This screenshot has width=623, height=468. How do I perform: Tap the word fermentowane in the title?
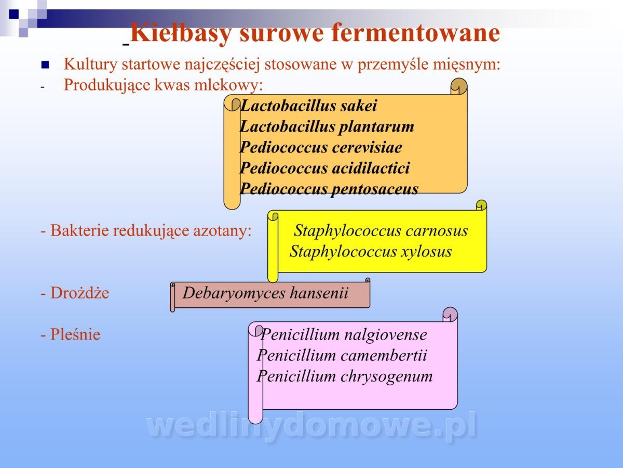click(415, 33)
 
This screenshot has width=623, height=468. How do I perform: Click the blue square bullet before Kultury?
click(45, 65)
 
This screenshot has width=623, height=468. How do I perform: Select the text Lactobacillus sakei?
click(308, 106)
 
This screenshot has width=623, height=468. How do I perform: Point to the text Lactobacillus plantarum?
click(327, 127)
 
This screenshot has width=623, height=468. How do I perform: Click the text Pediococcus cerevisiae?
click(321, 147)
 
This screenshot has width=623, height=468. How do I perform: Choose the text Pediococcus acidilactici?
click(325, 168)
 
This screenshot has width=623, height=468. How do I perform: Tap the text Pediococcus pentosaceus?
click(329, 189)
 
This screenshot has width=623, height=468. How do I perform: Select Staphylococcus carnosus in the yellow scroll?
click(381, 230)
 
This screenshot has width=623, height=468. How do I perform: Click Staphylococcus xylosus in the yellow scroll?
click(371, 252)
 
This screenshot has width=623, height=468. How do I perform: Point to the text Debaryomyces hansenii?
click(265, 293)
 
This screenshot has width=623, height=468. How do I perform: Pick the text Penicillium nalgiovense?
click(344, 335)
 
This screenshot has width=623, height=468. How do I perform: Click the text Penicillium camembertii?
click(342, 356)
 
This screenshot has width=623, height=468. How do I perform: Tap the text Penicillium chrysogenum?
click(345, 376)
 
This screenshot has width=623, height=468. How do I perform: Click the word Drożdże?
click(80, 293)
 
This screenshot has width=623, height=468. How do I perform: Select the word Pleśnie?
click(75, 334)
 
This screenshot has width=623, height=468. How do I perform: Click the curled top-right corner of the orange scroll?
click(459, 86)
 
